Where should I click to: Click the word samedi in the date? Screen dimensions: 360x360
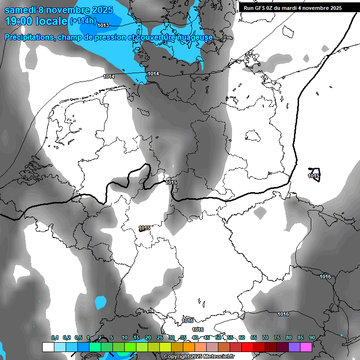(x=21, y=9)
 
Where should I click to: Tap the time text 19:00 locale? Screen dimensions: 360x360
(x=36, y=21)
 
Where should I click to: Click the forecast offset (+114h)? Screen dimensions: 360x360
(x=82, y=21)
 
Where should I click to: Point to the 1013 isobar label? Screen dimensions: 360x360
(x=104, y=25)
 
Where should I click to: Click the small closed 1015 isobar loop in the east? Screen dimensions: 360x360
(x=314, y=175)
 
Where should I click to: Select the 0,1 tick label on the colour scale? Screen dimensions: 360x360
(x=54, y=337)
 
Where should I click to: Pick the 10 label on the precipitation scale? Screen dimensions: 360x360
(x=124, y=337)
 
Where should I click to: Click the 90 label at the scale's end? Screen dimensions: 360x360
(x=312, y=337)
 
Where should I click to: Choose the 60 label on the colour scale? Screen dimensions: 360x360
(x=241, y=337)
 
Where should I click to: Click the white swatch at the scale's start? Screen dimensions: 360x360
(x=48, y=347)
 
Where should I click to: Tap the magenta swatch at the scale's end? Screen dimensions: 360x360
(x=306, y=347)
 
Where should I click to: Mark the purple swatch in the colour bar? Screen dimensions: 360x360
(x=294, y=347)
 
